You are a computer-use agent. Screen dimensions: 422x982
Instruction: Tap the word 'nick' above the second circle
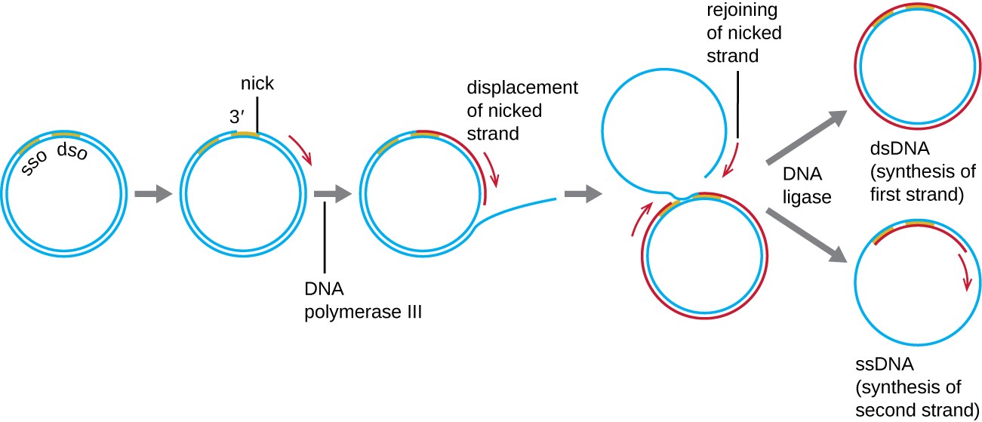(257, 84)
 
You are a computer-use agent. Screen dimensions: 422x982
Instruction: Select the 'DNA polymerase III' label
(362, 300)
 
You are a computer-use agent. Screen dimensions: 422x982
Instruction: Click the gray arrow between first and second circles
(153, 194)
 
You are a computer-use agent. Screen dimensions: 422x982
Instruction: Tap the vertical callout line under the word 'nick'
(257, 115)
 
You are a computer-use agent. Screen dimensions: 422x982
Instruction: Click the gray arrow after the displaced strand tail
(583, 194)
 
